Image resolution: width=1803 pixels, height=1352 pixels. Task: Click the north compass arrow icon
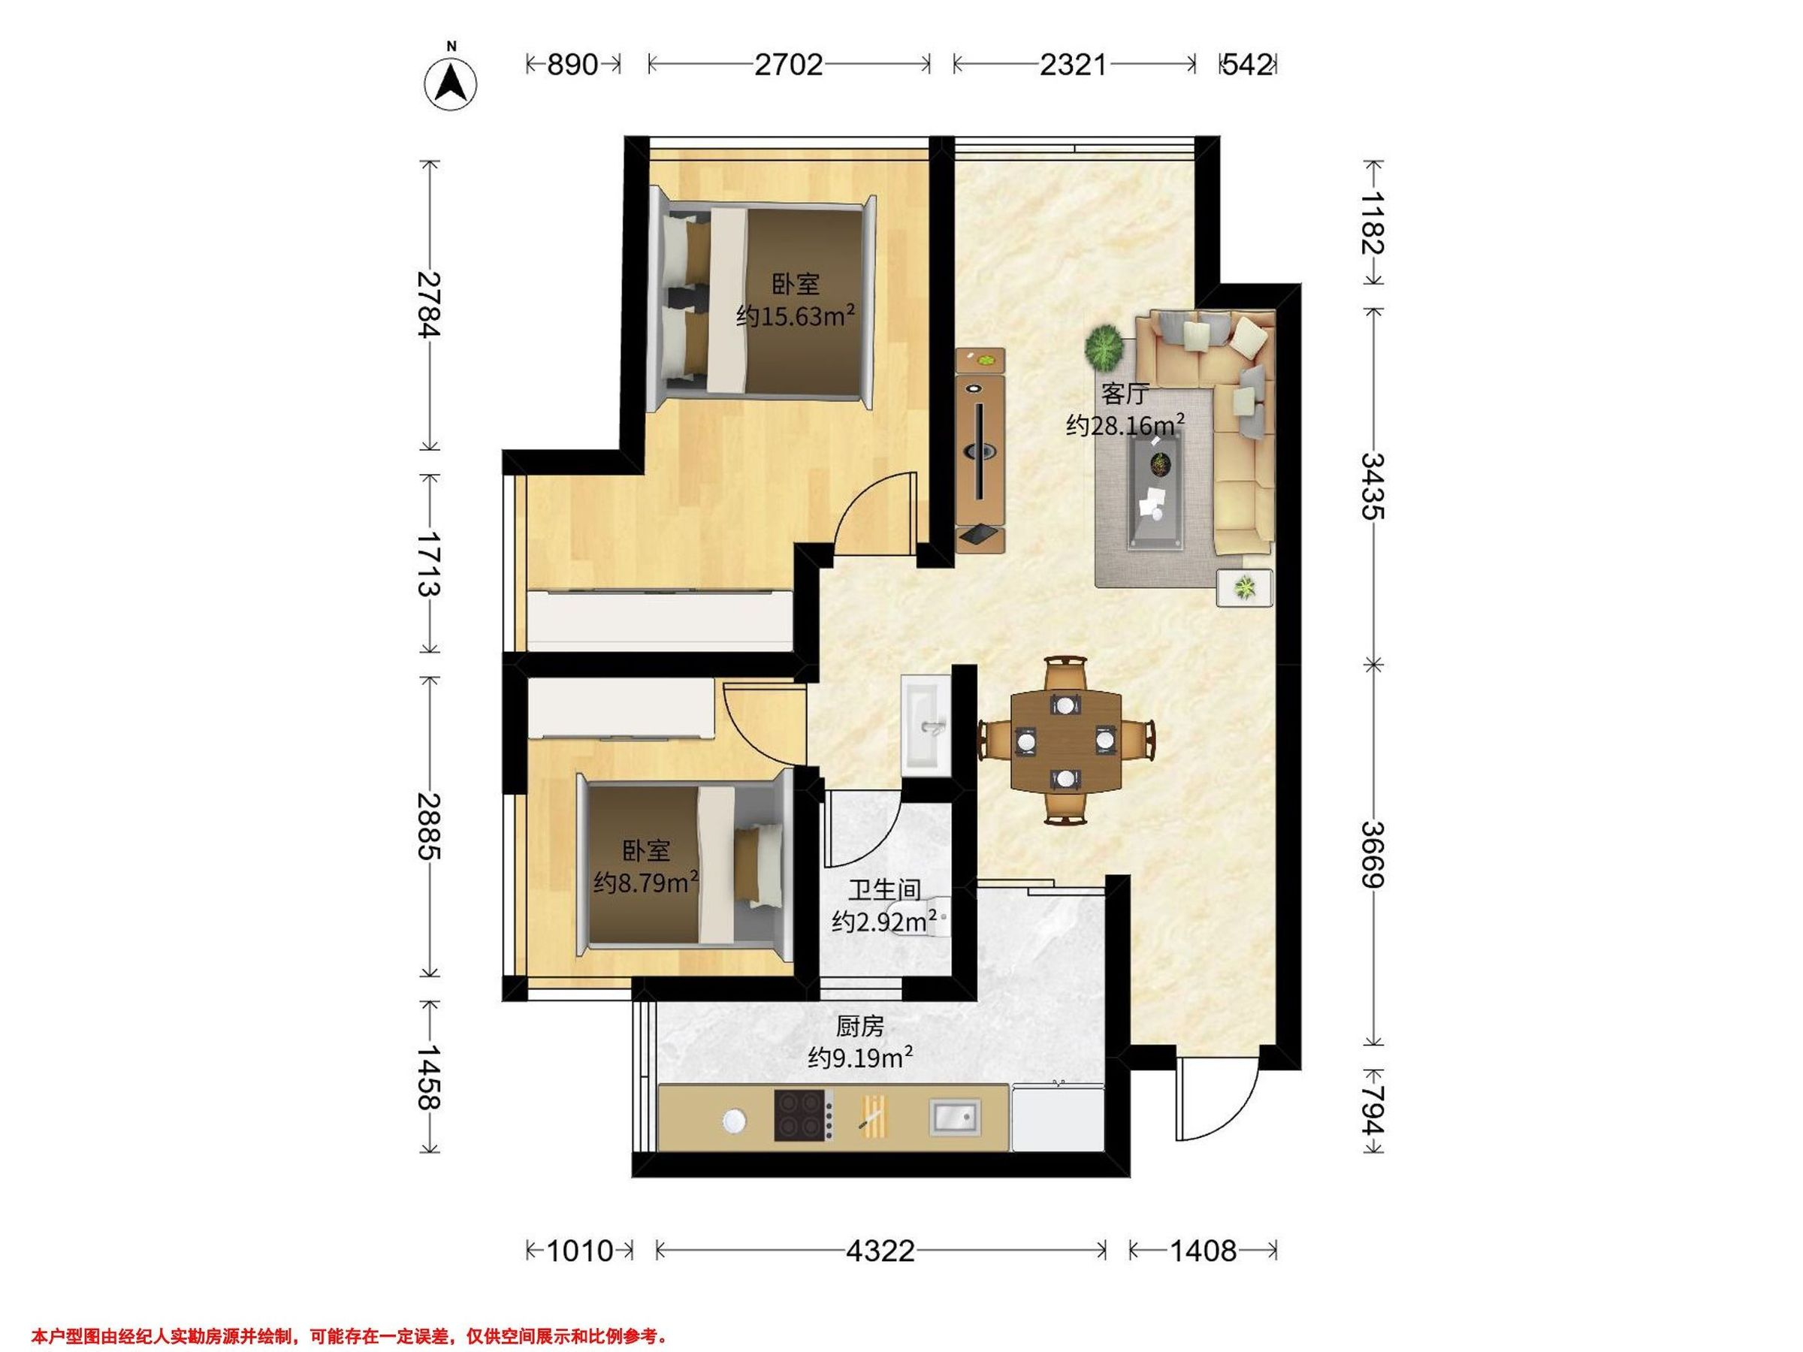click(x=451, y=83)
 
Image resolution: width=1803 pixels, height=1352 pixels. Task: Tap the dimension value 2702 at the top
click(x=788, y=65)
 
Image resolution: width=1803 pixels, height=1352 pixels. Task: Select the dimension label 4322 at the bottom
click(x=880, y=1250)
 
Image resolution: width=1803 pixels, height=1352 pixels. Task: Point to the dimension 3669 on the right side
click(x=1373, y=855)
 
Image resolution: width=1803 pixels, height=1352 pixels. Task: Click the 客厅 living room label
click(x=1125, y=394)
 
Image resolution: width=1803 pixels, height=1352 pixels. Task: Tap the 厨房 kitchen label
click(x=860, y=1027)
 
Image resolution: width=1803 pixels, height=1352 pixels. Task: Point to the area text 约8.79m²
click(x=646, y=881)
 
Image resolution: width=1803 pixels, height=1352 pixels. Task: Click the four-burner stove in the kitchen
click(x=804, y=1115)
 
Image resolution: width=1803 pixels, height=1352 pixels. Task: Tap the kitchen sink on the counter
click(x=956, y=1116)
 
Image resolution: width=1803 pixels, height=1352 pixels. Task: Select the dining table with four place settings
click(x=1065, y=740)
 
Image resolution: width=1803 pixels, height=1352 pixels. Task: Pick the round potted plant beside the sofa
click(x=1104, y=347)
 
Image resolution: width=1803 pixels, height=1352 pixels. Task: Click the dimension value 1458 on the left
click(x=428, y=1077)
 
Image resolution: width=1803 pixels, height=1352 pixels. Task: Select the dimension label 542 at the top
click(x=1247, y=65)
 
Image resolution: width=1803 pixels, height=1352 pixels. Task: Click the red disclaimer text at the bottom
click(x=349, y=1336)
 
